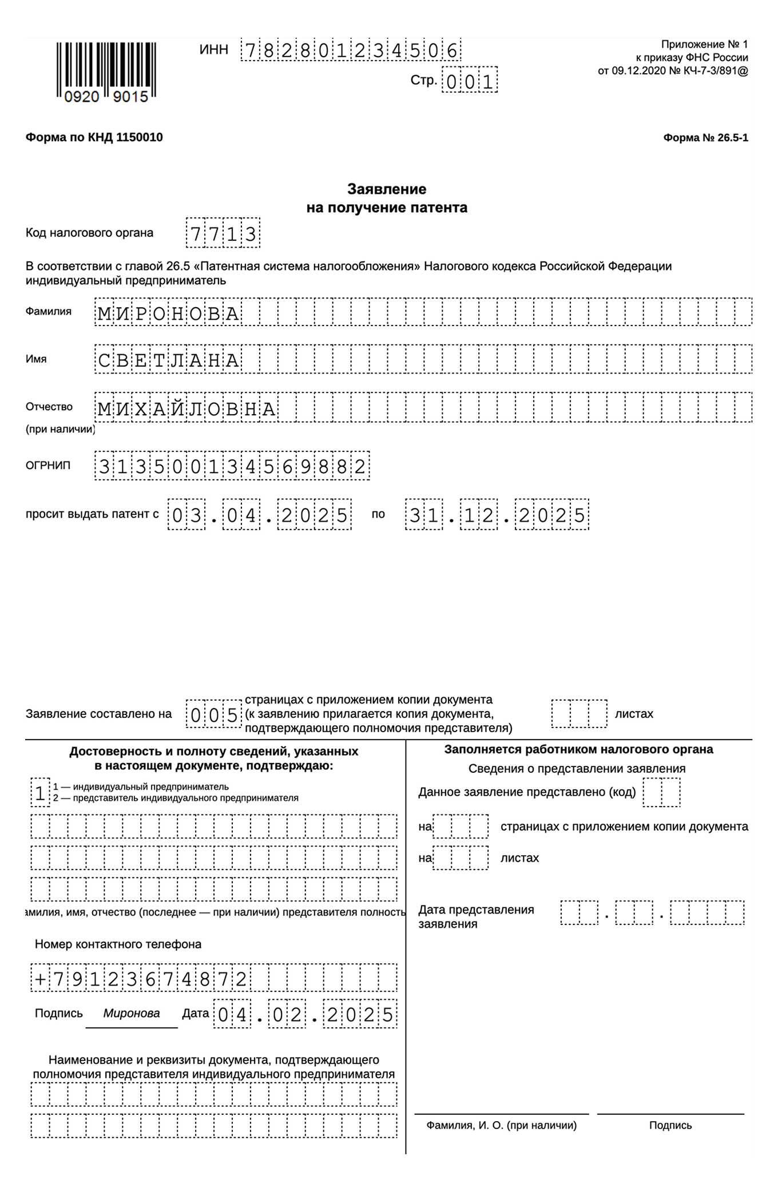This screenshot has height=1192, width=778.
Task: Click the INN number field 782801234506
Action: (x=350, y=51)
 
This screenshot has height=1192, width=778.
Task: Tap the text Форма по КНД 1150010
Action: (x=94, y=137)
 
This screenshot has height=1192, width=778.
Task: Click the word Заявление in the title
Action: (x=387, y=189)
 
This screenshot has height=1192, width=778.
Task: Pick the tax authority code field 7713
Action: (x=223, y=233)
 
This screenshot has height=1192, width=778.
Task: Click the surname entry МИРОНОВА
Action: (x=169, y=313)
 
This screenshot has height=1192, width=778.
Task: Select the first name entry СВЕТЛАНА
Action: (x=169, y=360)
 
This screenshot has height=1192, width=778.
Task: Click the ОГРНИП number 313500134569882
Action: (x=232, y=466)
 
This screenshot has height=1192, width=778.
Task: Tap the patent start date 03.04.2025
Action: (x=259, y=515)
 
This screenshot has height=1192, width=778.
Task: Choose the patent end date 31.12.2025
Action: (x=497, y=515)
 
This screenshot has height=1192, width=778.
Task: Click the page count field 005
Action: (x=213, y=714)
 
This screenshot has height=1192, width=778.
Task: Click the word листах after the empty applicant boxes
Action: (x=634, y=714)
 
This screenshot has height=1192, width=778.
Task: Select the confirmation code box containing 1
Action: (x=40, y=793)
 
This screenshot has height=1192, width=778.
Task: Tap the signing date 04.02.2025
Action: (x=305, y=1015)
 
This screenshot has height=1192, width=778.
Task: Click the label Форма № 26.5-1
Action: (x=705, y=138)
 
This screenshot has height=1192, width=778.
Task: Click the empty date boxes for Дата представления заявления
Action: (x=652, y=913)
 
